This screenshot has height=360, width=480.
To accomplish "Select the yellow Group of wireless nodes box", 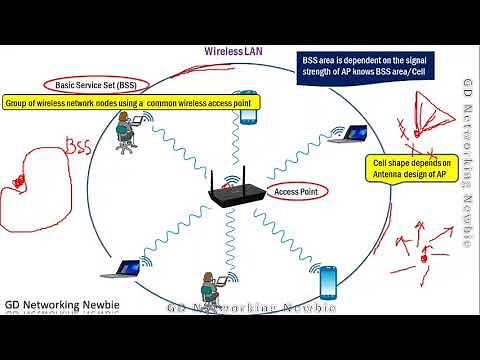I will point(132,103).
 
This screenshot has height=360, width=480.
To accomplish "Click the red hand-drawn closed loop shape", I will point(30,180).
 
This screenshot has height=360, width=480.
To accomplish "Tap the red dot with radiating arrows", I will point(424,256).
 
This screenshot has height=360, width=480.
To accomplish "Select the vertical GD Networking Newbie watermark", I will point(466,164).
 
